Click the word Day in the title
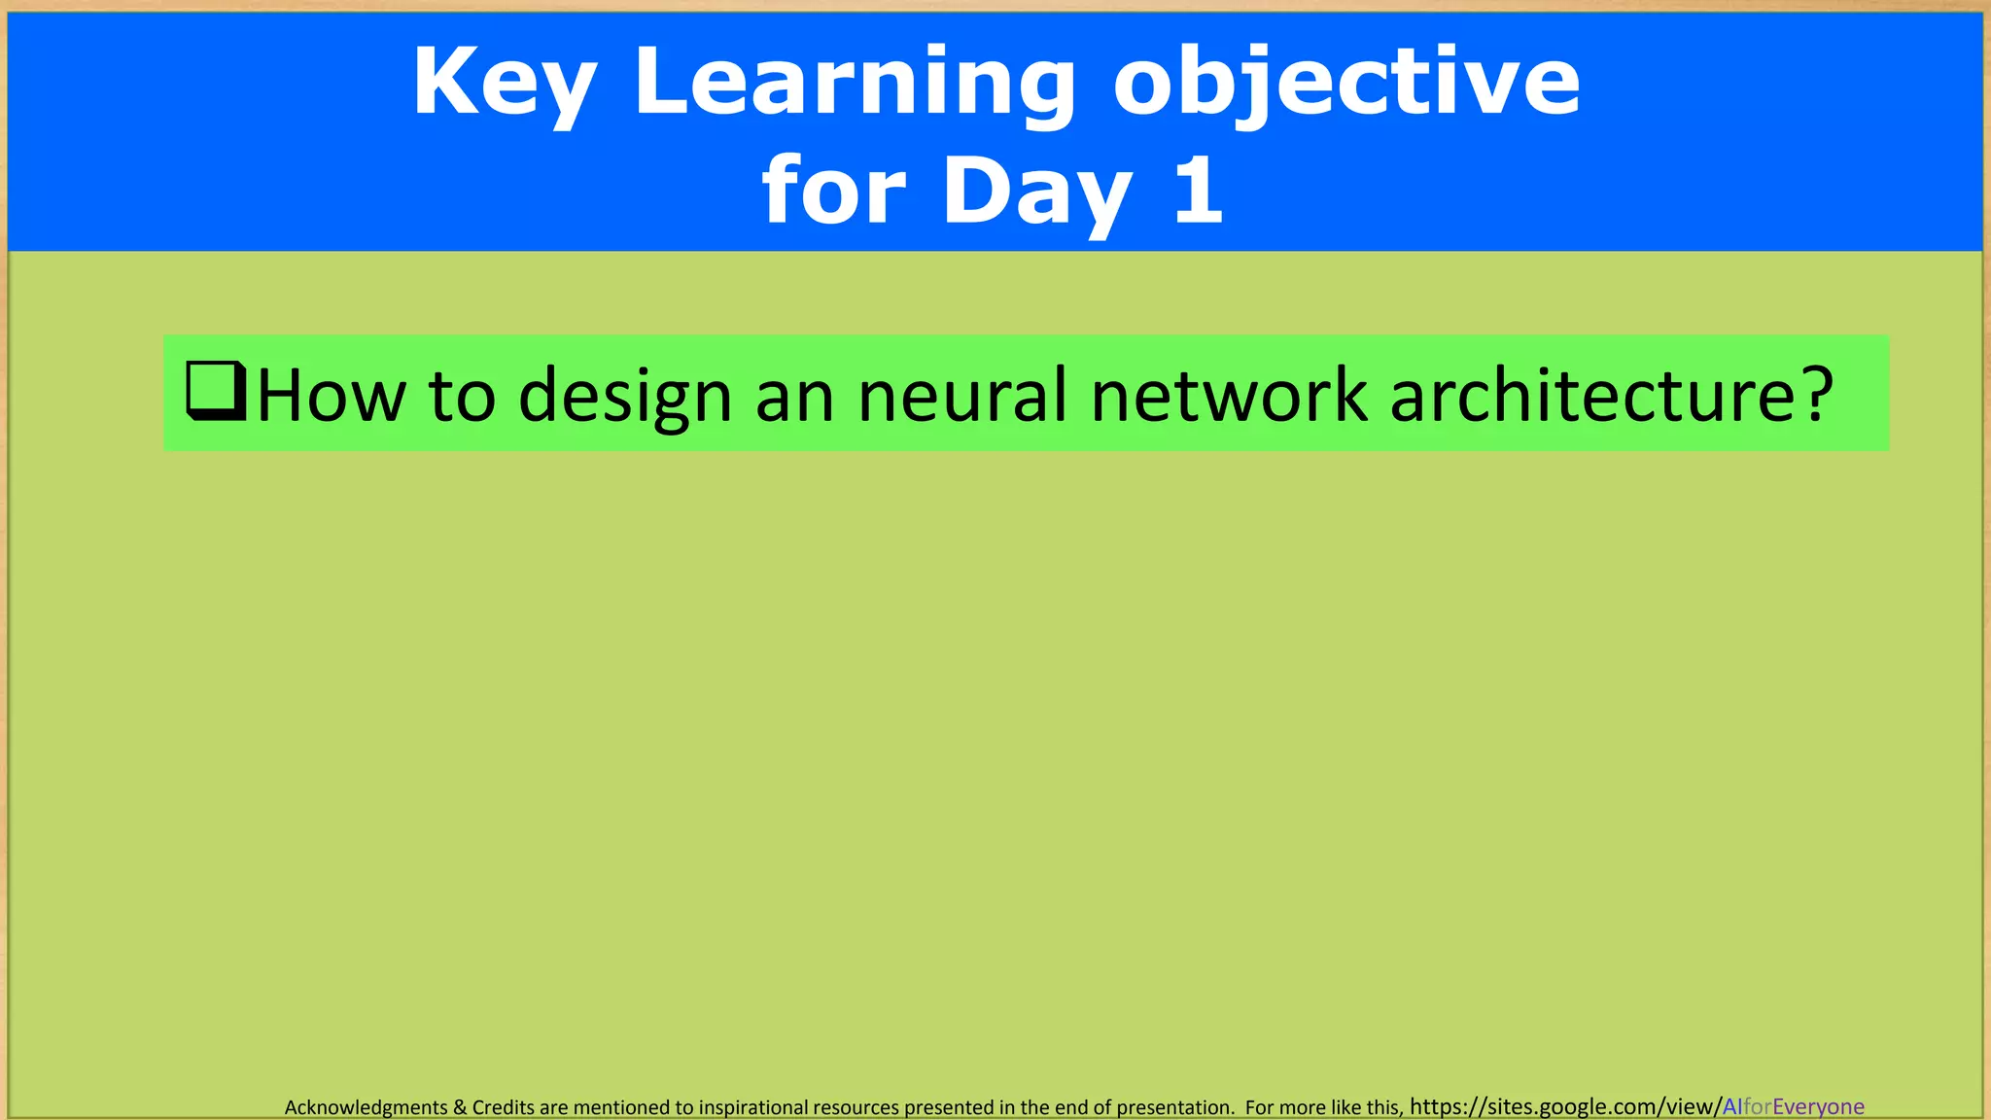1037,192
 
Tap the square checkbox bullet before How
215,391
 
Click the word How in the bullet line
332,396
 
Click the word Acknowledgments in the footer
366,1107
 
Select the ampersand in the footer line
460,1107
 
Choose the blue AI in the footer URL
1732,1106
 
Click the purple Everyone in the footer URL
1818,1106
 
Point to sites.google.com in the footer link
1571,1106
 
